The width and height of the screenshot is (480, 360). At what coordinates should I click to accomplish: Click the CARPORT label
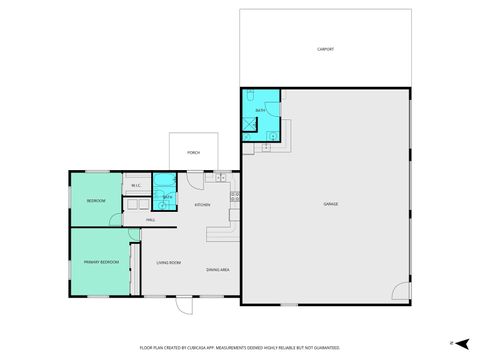325,48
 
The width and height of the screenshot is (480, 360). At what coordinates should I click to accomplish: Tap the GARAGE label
330,204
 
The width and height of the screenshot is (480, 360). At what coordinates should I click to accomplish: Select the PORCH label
193,152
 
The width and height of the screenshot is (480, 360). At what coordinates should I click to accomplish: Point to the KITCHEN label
202,205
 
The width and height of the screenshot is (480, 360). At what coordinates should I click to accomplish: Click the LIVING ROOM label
168,262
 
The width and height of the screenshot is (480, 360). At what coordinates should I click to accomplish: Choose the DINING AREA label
218,270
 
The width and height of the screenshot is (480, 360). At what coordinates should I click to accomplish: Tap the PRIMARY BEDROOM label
102,262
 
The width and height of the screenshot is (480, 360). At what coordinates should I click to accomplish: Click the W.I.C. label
136,186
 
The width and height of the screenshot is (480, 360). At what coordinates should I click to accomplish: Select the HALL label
150,220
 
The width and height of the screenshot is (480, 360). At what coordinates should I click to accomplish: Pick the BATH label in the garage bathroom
260,109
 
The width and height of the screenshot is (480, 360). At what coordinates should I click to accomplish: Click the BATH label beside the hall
167,196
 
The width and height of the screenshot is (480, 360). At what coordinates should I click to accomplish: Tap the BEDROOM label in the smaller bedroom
96,200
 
